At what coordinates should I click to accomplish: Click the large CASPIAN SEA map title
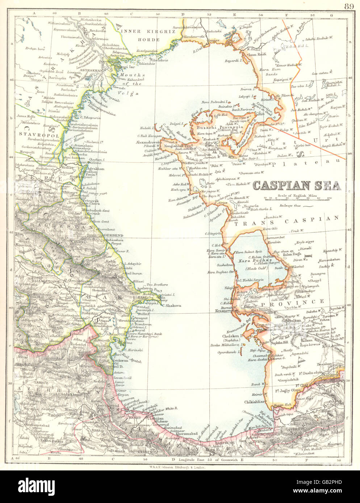click(x=296, y=185)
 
